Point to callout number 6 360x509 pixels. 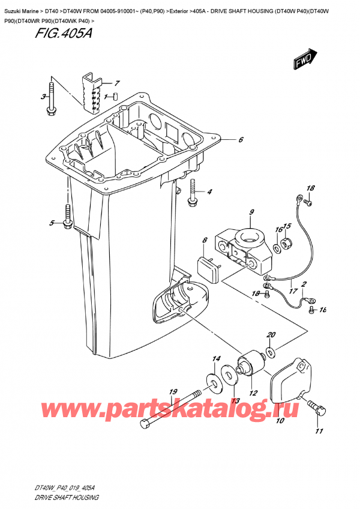pyautogui.click(x=240, y=140)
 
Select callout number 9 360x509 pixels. pyautogui.click(x=252, y=211)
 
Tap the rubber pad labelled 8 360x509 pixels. pyautogui.click(x=211, y=264)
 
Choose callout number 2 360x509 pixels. pyautogui.click(x=304, y=284)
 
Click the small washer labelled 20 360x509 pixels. pyautogui.click(x=269, y=351)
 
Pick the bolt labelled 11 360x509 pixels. pyautogui.click(x=319, y=410)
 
